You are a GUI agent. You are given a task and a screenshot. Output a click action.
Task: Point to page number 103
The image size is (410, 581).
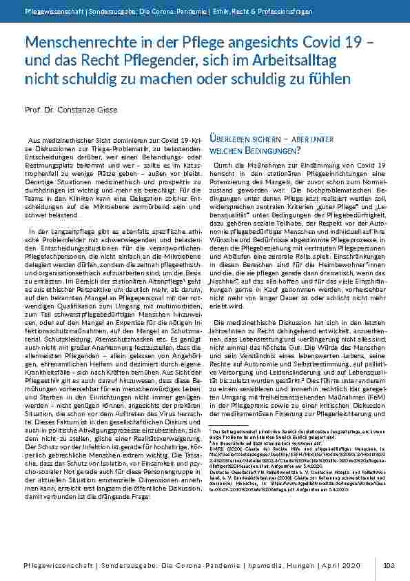389,566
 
